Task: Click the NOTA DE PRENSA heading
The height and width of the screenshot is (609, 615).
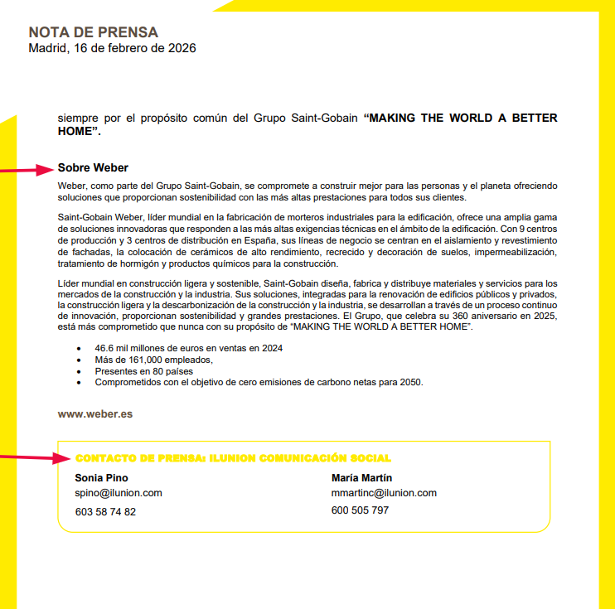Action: (x=93, y=32)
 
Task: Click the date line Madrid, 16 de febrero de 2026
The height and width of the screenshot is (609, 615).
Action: (x=112, y=48)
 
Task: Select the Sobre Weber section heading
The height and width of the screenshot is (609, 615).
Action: (x=93, y=167)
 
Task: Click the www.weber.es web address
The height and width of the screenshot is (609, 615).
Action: (x=95, y=413)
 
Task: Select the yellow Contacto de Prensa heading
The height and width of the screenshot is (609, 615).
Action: (x=233, y=458)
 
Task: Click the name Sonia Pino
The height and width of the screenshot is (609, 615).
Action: (x=101, y=478)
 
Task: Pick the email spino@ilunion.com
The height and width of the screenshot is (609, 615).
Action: (x=118, y=493)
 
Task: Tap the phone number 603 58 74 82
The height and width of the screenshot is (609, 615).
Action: (x=105, y=511)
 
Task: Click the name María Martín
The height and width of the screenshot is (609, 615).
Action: (x=361, y=478)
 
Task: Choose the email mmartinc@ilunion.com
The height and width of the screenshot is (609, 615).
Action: (x=384, y=493)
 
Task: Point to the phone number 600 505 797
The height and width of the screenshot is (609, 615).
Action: (x=360, y=510)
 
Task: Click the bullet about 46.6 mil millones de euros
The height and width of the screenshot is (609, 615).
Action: (x=188, y=349)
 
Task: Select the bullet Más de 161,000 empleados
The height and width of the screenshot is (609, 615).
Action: (x=154, y=360)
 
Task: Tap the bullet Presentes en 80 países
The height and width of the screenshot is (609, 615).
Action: (x=143, y=371)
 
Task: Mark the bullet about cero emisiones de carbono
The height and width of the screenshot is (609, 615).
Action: (x=259, y=383)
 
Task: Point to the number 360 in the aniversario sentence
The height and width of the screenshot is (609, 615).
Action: (x=449, y=317)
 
